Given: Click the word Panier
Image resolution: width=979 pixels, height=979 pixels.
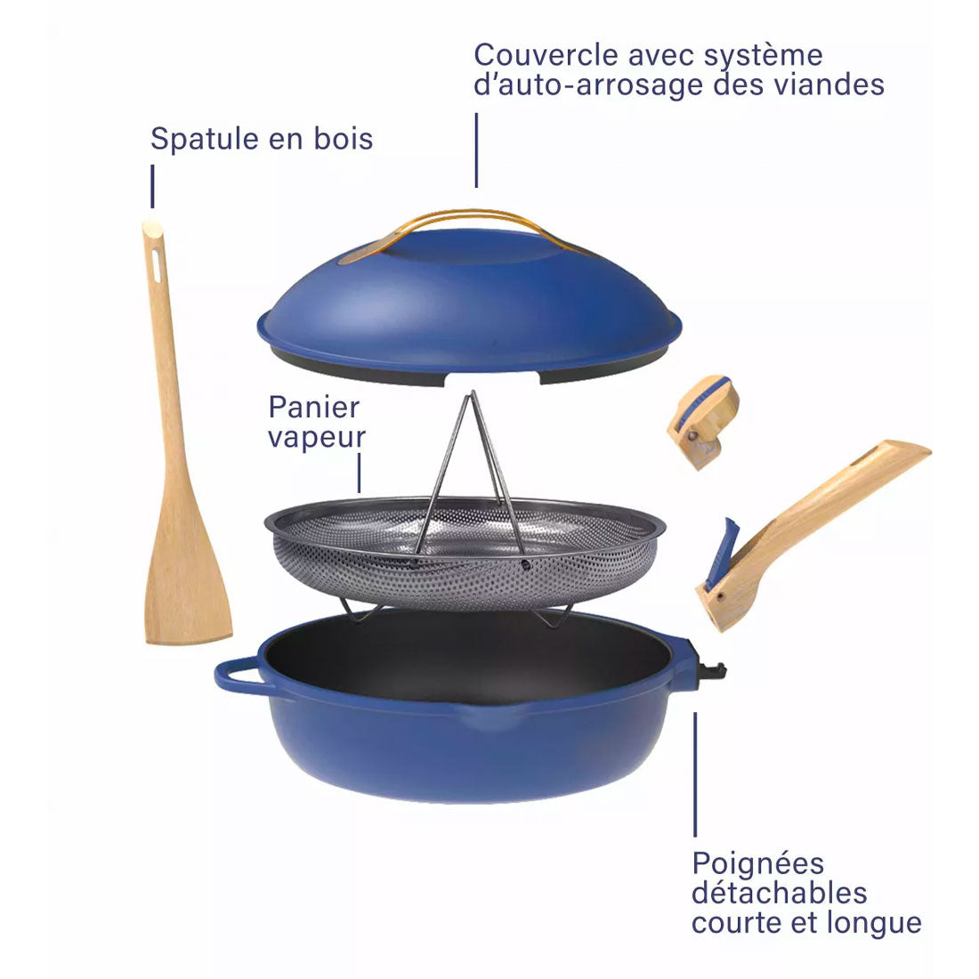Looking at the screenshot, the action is [x=314, y=408].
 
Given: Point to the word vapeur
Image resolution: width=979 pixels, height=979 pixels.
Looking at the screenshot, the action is [x=317, y=438].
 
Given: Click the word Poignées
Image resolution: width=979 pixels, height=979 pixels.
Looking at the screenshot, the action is [x=758, y=865].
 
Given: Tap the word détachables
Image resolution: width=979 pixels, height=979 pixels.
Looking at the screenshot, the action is [x=780, y=893].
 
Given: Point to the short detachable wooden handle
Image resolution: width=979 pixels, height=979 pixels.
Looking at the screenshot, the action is [x=703, y=421].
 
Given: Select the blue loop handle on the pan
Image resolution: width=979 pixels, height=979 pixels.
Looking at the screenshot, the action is [x=240, y=676].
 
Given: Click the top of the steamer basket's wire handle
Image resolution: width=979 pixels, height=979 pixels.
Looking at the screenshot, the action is [x=473, y=394].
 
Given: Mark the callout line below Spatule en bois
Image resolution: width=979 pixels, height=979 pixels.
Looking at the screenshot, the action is [x=152, y=186].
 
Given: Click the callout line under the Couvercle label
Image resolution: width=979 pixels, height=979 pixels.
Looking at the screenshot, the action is [x=476, y=150].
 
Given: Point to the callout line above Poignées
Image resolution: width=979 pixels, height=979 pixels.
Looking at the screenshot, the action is [x=695, y=774].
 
